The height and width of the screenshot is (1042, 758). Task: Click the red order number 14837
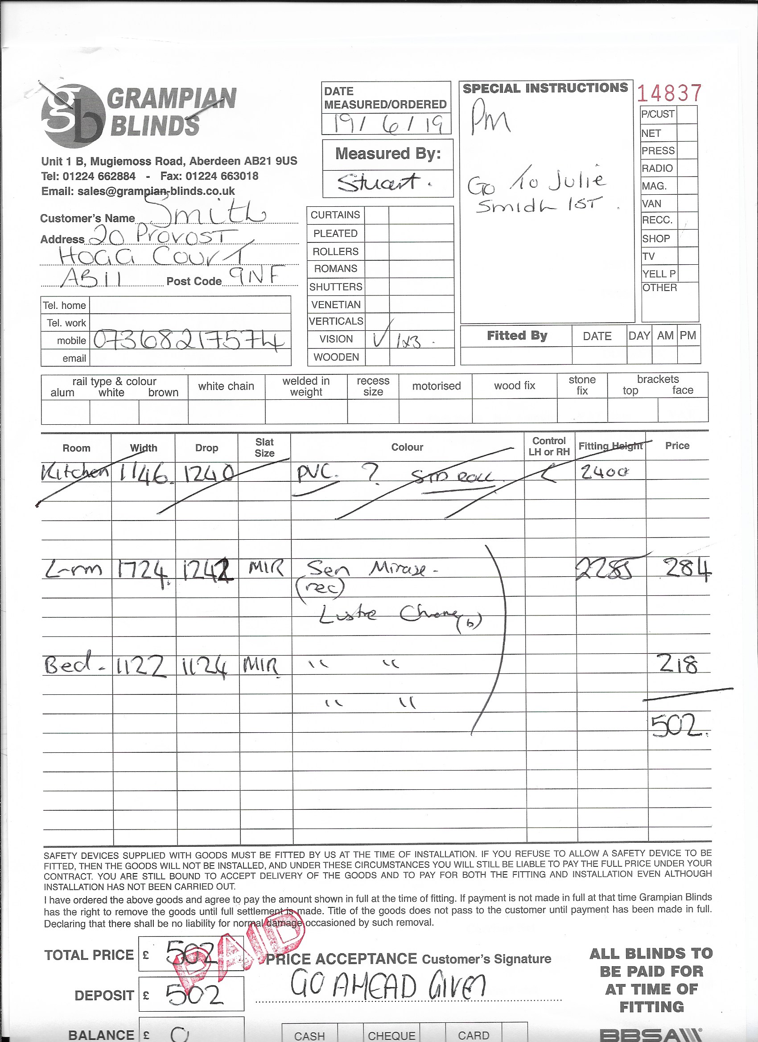coord(669,93)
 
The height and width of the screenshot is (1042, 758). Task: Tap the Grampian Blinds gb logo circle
coord(73,116)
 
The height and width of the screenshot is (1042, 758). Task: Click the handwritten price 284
coord(684,570)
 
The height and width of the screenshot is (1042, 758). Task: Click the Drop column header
coord(206,448)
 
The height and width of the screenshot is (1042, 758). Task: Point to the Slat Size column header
coord(264,447)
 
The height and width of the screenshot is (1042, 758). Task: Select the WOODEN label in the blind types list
coord(336,357)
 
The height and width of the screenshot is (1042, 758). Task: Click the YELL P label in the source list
coord(659,274)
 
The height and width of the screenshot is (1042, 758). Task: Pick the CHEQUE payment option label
coord(391,1036)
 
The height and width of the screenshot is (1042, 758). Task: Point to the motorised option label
coord(436,386)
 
